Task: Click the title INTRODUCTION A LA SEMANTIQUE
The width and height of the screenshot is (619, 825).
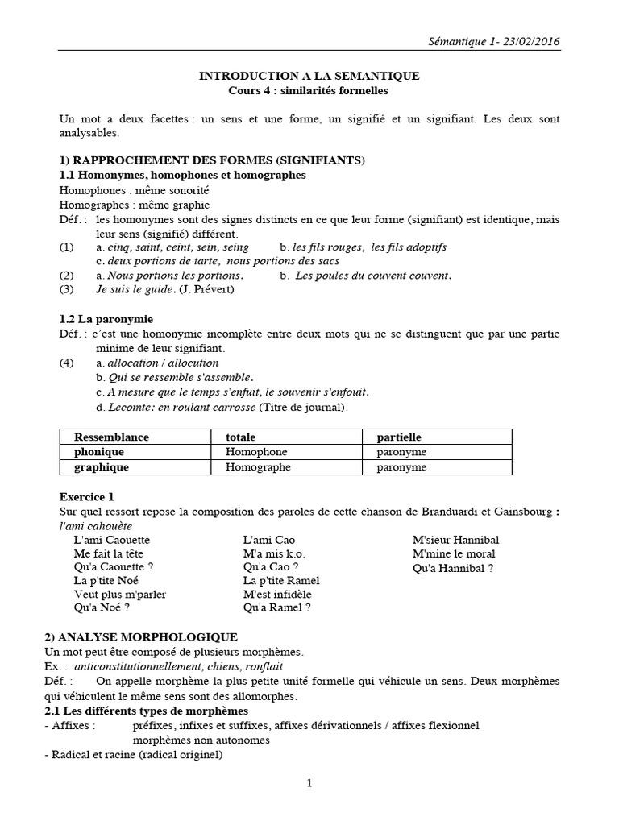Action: pos(309,76)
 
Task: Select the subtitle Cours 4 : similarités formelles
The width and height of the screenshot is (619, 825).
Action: pos(309,90)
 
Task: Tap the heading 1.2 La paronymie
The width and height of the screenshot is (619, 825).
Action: pos(106,319)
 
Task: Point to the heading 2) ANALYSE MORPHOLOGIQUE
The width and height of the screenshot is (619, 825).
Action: pos(148,636)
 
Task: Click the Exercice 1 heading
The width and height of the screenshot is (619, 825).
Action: pos(92,496)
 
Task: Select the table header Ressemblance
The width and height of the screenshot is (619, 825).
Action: pos(112,437)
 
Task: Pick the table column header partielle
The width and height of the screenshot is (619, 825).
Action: pos(399,437)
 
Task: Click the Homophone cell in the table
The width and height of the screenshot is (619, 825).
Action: pos(256,452)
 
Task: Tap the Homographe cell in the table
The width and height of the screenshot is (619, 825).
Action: pos(259,466)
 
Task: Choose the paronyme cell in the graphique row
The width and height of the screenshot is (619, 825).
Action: pos(401,466)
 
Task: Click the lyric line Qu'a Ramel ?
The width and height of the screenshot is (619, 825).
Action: pos(276,608)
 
